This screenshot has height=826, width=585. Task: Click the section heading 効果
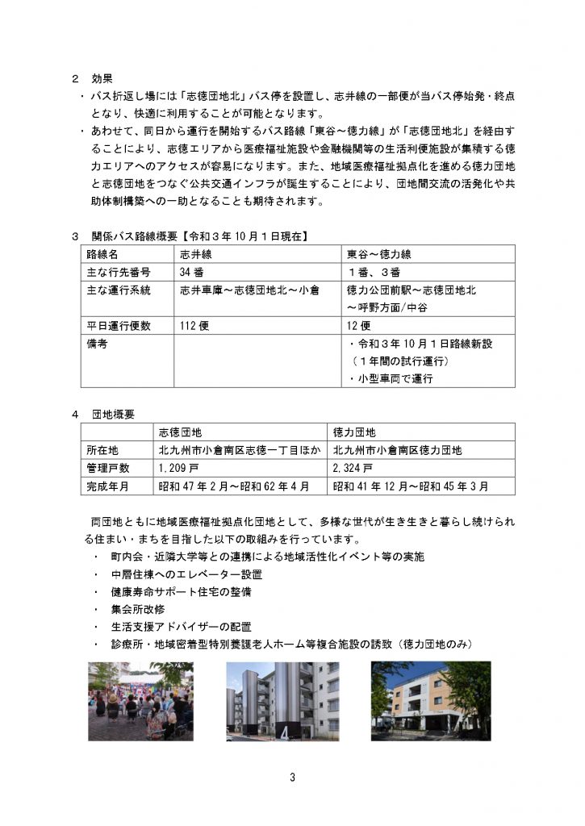point(100,79)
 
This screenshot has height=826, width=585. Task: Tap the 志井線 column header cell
point(195,254)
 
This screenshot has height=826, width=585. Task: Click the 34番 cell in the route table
point(191,272)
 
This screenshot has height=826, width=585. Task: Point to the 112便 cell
point(194,325)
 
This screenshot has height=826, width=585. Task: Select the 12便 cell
point(358,325)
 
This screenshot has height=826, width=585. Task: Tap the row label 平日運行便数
point(119,325)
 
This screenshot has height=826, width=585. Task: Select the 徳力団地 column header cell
point(355,432)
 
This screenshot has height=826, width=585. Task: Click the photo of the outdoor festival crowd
point(140,701)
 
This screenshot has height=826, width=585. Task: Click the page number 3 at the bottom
point(292,777)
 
